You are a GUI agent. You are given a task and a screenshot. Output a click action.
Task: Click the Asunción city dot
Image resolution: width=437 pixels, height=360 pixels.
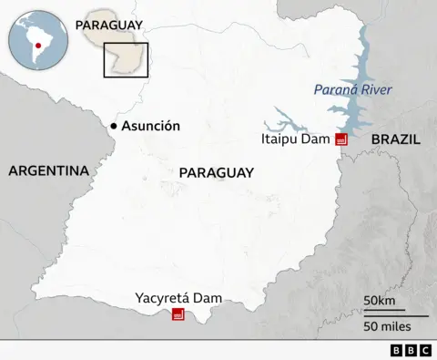pos(114,126)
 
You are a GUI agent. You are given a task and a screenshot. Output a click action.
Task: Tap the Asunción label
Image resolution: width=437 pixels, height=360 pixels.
pos(152,127)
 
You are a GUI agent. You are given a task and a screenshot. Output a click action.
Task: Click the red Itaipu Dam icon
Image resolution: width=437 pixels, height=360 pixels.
pos(341,139)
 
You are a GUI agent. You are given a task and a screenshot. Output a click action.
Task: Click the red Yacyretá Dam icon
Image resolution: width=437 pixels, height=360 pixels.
pos(178,314)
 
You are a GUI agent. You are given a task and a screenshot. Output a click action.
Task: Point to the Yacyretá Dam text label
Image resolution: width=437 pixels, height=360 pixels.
pos(178,297)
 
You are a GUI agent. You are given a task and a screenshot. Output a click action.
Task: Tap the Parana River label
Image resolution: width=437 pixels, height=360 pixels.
pos(352,89)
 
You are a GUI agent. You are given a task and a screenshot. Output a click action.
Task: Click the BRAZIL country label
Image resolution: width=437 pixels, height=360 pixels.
pos(395,139)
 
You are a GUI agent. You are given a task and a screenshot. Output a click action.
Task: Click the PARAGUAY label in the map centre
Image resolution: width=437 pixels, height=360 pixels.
pos(217,172)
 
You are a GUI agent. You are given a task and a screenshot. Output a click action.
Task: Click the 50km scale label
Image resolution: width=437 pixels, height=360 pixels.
pos(379,301)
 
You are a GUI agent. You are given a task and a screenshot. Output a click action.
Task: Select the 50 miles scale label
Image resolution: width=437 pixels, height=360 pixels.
pos(387,325)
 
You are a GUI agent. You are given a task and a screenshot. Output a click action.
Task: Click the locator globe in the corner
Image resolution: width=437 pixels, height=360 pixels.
pos(37,37)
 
